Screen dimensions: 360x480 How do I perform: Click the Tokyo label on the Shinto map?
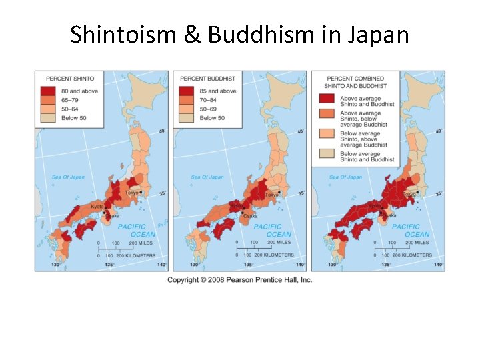point(132,193)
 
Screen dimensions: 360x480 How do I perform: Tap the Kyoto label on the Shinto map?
point(97,207)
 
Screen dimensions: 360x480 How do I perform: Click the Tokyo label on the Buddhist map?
point(271,195)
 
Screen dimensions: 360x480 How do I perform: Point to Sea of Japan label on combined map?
point(346,177)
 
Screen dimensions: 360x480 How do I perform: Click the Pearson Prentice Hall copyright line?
point(239,280)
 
